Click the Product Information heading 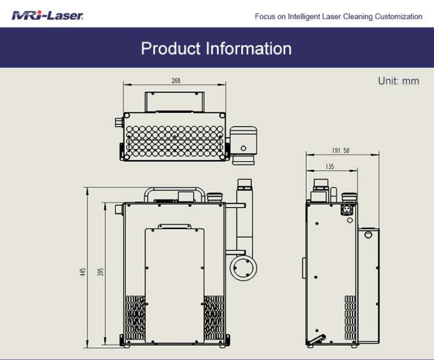[216, 48]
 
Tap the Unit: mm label [398, 81]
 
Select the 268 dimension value [175, 80]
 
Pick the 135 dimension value [329, 166]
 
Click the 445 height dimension [83, 271]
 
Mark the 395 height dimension [101, 271]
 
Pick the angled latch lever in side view [316, 341]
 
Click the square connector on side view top [347, 210]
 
